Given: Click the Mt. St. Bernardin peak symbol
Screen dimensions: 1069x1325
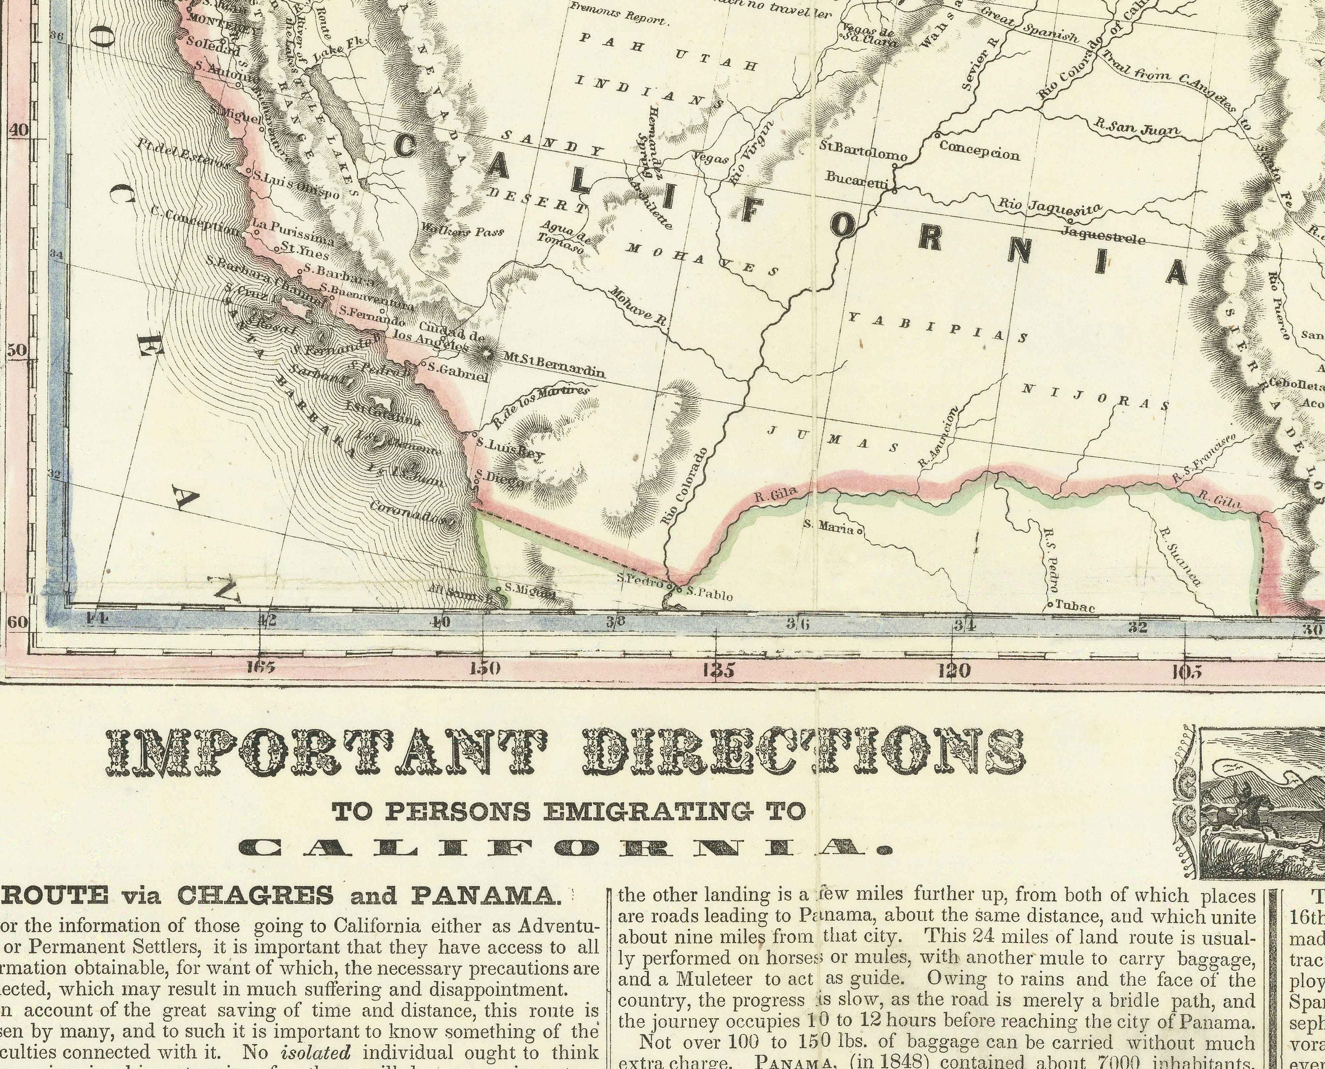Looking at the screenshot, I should [x=487, y=354].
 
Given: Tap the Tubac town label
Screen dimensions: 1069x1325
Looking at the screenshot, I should [x=1075, y=607].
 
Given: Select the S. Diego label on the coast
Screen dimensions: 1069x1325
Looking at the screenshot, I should [x=502, y=479].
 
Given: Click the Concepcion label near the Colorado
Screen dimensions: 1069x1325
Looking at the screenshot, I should [x=980, y=150].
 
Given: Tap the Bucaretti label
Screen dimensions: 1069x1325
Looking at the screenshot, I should [x=856, y=178].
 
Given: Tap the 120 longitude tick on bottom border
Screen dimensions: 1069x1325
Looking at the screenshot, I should [x=953, y=669].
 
